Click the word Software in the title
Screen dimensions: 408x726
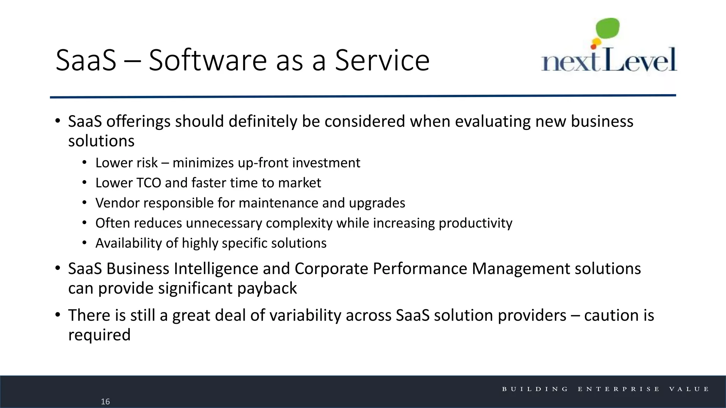(x=207, y=60)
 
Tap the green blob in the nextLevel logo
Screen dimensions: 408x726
(x=608, y=28)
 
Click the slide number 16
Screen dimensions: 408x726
(x=105, y=401)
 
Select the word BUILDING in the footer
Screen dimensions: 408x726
(x=535, y=389)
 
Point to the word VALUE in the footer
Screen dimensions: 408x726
(x=689, y=389)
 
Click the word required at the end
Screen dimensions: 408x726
(x=99, y=335)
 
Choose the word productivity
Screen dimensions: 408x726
(x=475, y=223)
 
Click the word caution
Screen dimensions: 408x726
(x=610, y=315)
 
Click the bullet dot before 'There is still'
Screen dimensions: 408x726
(x=58, y=314)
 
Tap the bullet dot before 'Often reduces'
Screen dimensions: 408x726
(x=84, y=223)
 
